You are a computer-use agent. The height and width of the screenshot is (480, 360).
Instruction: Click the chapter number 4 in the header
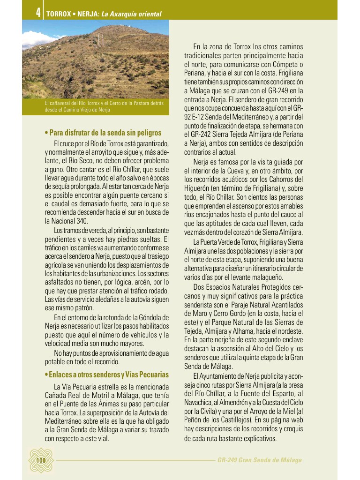[x=37, y=13]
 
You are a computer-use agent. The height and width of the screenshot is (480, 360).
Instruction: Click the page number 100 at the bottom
[x=41, y=460]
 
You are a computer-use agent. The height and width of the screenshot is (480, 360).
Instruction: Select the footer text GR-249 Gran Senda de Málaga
[x=259, y=460]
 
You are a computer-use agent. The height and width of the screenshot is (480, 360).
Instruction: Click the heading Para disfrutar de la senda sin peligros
[x=103, y=133]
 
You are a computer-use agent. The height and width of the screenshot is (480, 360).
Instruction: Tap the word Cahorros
[x=282, y=179]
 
